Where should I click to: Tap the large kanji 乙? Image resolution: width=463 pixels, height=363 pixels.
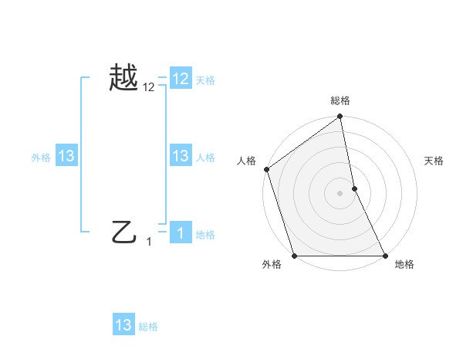[125, 231]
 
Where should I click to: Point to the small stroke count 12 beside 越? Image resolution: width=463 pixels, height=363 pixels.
[149, 88]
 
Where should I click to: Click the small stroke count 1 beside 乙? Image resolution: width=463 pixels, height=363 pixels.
[149, 242]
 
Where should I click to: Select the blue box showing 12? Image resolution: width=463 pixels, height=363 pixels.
[181, 79]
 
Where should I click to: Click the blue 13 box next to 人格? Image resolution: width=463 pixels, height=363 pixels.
[181, 156]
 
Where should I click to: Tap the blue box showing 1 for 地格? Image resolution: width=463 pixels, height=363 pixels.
[181, 233]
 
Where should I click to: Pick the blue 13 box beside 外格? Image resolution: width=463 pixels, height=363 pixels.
[66, 156]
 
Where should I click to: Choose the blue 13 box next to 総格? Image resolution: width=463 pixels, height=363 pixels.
[123, 325]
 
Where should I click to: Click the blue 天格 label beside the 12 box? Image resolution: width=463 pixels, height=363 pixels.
[205, 80]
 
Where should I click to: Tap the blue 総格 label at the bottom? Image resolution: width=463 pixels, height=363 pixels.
[148, 327]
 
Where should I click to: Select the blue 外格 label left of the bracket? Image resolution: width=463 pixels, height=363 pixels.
[41, 158]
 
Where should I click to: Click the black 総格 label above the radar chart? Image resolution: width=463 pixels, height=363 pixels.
[340, 100]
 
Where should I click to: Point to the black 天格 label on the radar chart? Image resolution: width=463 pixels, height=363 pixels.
[434, 161]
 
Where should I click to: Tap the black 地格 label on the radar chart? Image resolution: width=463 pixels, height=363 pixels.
[404, 264]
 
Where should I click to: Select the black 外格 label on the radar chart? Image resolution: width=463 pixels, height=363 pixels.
[272, 264]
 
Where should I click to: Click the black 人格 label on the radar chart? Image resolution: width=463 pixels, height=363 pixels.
[246, 161]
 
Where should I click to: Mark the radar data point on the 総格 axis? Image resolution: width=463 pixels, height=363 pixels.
[340, 117]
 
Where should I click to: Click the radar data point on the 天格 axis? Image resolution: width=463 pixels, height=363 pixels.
[354, 188]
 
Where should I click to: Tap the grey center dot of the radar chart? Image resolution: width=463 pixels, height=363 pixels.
[340, 192]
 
